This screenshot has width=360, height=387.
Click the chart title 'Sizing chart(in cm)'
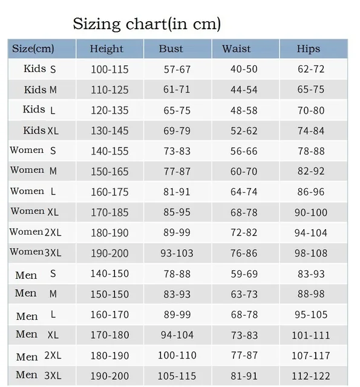click(x=146, y=24)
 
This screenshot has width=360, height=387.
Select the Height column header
click(x=106, y=49)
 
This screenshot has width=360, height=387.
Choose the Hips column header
click(x=309, y=49)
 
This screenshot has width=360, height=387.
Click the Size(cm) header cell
click(x=33, y=49)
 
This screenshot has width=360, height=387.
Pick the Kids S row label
click(x=40, y=69)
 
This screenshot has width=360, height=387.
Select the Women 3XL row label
click(x=36, y=252)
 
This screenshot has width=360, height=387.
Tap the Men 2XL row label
click(x=39, y=356)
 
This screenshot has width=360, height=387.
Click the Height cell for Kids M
click(x=110, y=89)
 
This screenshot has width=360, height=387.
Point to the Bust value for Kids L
click(x=177, y=111)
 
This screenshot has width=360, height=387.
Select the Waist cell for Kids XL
click(x=244, y=131)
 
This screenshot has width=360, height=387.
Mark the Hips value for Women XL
click(x=311, y=212)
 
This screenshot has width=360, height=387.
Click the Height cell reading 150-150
click(x=110, y=294)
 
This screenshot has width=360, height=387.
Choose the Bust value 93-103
click(x=177, y=253)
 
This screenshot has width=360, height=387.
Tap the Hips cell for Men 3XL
click(x=311, y=376)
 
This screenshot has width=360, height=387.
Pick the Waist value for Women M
click(x=244, y=172)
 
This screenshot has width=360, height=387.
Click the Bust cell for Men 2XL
click(x=177, y=356)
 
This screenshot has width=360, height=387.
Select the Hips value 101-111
click(x=311, y=335)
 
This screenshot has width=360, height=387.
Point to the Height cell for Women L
click(x=110, y=192)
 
